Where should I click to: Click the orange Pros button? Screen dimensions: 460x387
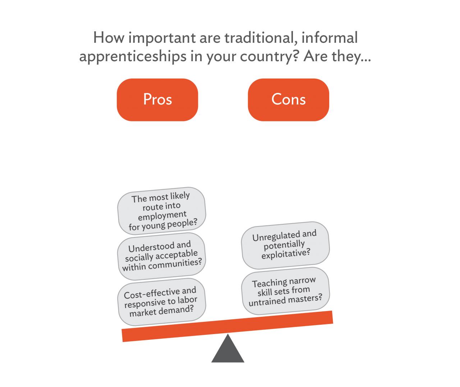pyautogui.click(x=157, y=100)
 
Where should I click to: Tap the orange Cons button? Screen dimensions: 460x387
pyautogui.click(x=288, y=100)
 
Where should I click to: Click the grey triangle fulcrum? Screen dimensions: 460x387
pyautogui.click(x=227, y=349)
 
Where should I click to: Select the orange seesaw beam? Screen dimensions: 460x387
pyautogui.click(x=227, y=326)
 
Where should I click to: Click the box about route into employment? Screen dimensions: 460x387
pyautogui.click(x=162, y=211)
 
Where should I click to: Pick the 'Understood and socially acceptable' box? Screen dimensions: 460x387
pyautogui.click(x=162, y=256)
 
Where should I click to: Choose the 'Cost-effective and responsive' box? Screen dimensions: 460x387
pyautogui.click(x=162, y=302)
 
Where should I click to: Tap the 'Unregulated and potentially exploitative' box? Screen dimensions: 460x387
pyautogui.click(x=285, y=245)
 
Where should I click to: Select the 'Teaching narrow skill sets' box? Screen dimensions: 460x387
pyautogui.click(x=285, y=291)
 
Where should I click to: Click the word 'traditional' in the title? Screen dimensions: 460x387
pyautogui.click(x=261, y=38)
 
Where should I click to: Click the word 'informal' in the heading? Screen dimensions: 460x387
pyautogui.click(x=329, y=37)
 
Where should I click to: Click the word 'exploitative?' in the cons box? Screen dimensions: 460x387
pyautogui.click(x=286, y=253)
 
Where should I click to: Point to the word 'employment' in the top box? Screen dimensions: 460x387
pyautogui.click(x=162, y=216)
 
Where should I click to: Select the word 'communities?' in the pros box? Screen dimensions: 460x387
pyautogui.click(x=175, y=264)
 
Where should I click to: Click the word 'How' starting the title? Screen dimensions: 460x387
pyautogui.click(x=109, y=37)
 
